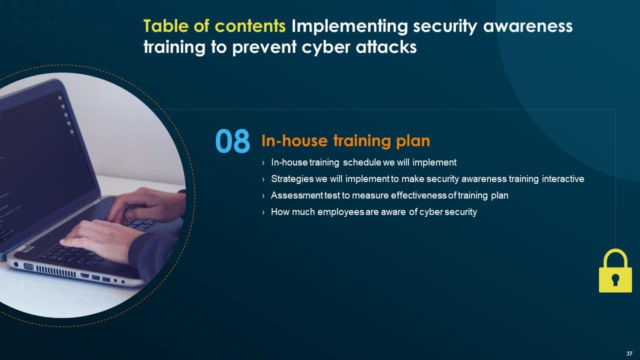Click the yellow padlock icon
615,271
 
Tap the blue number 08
232,141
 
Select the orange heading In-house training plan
345,141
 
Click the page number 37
629,353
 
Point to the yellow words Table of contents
214,26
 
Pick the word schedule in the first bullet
361,162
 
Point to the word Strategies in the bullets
292,179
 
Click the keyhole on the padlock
615,279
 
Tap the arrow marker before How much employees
263,212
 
